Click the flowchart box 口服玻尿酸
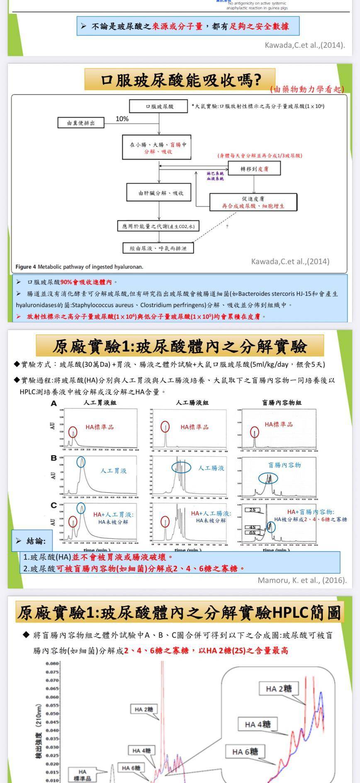[x=160, y=106]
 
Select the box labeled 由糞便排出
[x=81, y=123]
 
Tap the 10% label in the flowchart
[x=122, y=119]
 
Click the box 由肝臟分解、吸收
[x=161, y=193]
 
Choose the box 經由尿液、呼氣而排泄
[x=158, y=248]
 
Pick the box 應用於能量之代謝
[x=158, y=226]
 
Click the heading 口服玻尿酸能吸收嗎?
[x=180, y=80]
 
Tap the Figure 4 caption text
[x=79, y=267]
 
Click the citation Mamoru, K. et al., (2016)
[x=302, y=580]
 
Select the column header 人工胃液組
[x=100, y=402]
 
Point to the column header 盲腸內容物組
[x=282, y=402]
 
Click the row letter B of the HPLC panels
[x=54, y=458]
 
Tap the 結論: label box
[x=32, y=541]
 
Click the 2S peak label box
[x=253, y=510]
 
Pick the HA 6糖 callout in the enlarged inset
[x=245, y=751]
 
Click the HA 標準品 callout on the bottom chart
[x=82, y=775]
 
